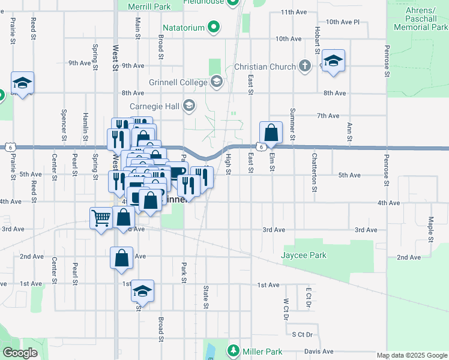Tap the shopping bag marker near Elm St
271,133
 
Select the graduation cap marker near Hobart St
333,61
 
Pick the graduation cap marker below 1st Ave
143,291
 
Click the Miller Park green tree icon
234,350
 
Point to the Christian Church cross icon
305,66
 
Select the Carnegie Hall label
155,106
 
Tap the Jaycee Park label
304,255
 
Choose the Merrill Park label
149,7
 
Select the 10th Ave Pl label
342,22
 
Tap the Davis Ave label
319,351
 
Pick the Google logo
20,353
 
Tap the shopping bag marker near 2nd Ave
121,258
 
